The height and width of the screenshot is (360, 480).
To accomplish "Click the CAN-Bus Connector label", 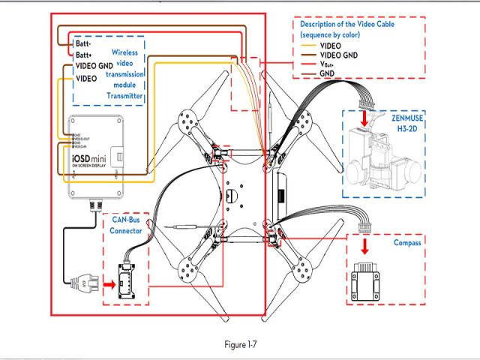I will tap(124, 226).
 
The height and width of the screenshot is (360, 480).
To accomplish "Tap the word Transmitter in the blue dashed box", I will tap(124, 96).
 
